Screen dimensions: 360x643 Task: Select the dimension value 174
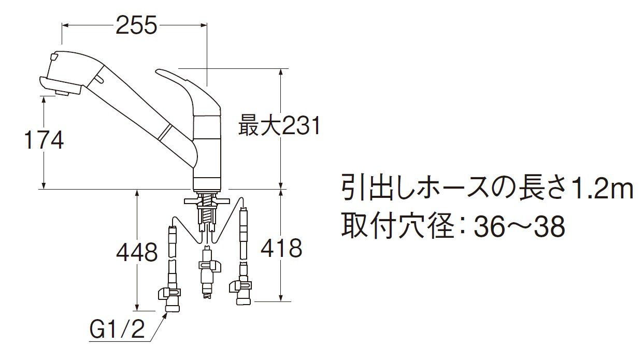point(44,139)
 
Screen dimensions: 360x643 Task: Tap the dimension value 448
point(137,253)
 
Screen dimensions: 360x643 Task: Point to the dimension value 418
point(281,248)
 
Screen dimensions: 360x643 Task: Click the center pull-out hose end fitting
point(207,275)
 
